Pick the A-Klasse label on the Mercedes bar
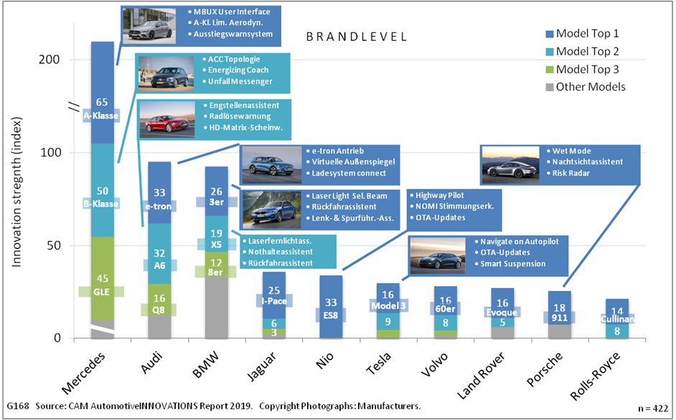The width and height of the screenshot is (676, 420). pyautogui.click(x=103, y=115)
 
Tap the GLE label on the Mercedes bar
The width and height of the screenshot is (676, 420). pyautogui.click(x=103, y=292)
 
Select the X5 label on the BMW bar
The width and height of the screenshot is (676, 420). pyautogui.click(x=217, y=245)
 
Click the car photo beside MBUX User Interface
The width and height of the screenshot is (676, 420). pyautogui.click(x=150, y=24)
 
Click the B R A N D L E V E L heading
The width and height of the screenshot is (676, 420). pyautogui.click(x=355, y=37)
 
